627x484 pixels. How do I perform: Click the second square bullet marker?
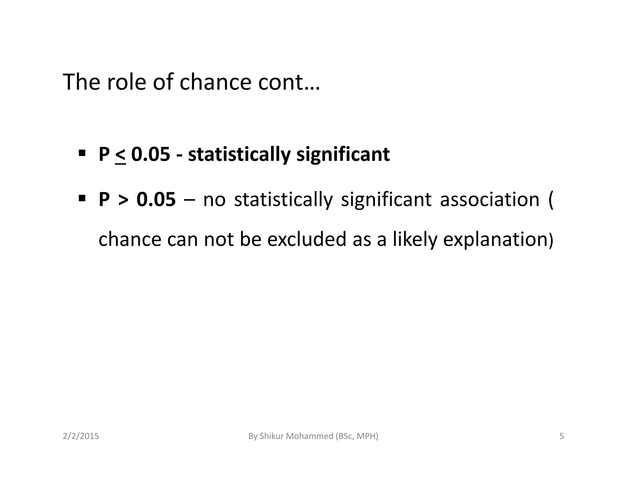tap(82, 198)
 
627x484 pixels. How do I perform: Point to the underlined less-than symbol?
tap(121, 155)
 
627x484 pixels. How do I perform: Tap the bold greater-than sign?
tap(123, 200)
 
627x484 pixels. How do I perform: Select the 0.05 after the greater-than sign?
tap(156, 199)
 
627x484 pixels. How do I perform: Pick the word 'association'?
tap(489, 199)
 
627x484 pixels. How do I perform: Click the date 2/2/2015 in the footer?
tap(81, 436)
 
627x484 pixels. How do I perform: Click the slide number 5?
tap(561, 436)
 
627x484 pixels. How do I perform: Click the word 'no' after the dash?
tap(214, 200)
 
